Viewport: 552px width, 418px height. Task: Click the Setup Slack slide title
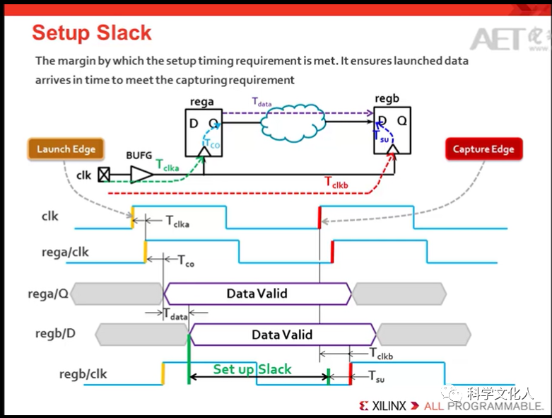(92, 33)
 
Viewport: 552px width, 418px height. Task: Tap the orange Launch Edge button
(66, 149)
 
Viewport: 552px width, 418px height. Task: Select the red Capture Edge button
(483, 149)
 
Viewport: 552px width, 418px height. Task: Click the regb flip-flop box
(392, 131)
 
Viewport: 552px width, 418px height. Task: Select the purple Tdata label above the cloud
(262, 102)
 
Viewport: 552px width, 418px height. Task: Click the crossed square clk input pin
(104, 174)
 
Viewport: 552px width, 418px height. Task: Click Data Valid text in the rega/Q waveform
(257, 293)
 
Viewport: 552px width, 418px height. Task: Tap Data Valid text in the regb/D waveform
(282, 334)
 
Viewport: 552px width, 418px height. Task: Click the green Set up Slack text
(252, 369)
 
